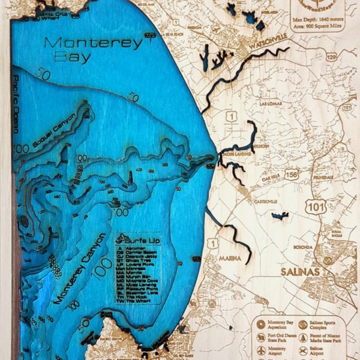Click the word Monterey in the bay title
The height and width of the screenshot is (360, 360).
(94, 43)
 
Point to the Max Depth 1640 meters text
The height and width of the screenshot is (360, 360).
(319, 22)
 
